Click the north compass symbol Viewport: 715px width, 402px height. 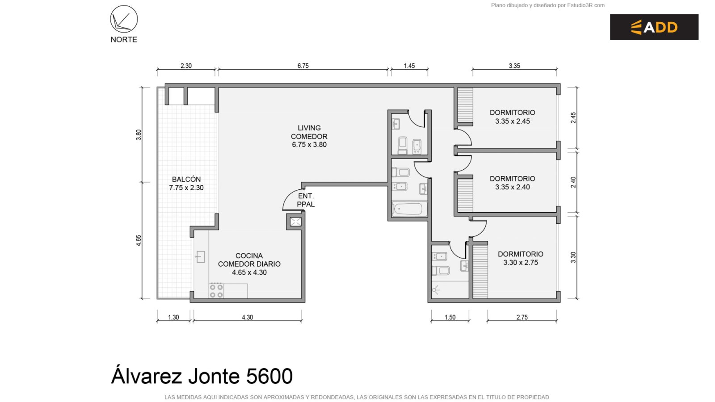click(124, 19)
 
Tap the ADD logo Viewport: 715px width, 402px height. click(654, 27)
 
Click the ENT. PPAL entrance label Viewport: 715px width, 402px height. click(306, 200)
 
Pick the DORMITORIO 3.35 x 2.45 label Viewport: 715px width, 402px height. click(512, 117)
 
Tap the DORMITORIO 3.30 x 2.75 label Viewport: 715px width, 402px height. click(521, 258)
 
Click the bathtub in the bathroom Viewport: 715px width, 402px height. click(409, 209)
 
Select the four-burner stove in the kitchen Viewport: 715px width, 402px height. click(216, 291)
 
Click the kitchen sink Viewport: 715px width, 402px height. click(200, 256)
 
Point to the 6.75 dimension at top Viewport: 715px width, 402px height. click(303, 66)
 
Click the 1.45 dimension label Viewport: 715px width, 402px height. click(409, 66)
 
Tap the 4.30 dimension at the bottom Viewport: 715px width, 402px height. click(248, 317)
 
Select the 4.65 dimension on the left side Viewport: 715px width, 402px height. click(139, 241)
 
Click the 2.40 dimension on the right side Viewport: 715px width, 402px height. click(573, 182)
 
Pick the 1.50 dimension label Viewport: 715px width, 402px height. click(450, 317)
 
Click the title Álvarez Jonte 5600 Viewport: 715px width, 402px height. click(202, 376)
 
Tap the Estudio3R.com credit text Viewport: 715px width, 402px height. click(586, 5)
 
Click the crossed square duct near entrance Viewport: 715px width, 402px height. click(295, 222)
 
